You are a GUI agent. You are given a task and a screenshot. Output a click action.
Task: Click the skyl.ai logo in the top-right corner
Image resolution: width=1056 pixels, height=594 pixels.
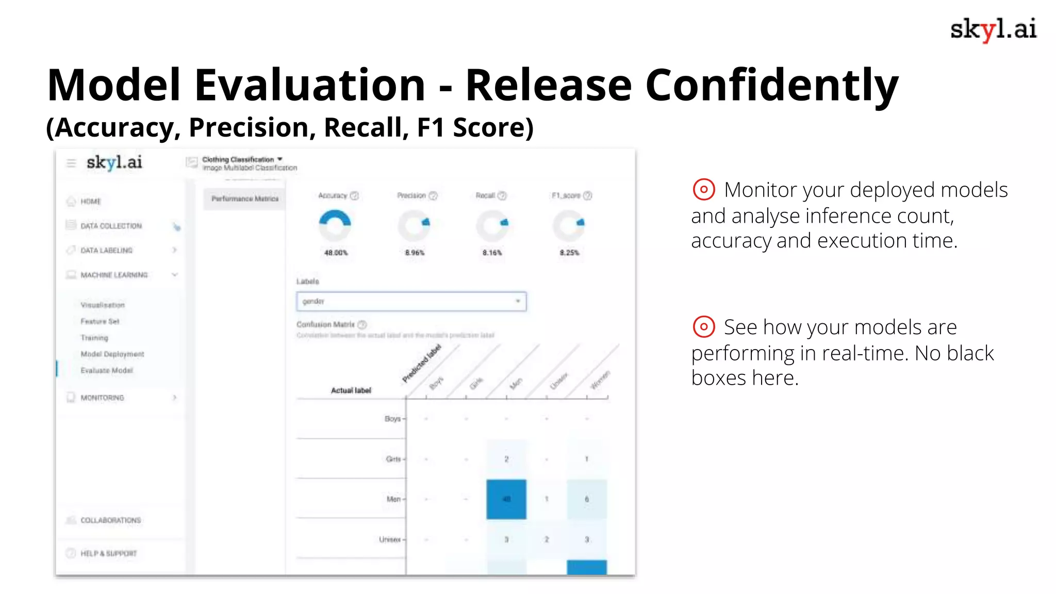[x=993, y=29]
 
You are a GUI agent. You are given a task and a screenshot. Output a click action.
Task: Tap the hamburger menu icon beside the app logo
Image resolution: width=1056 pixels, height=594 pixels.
[x=71, y=163]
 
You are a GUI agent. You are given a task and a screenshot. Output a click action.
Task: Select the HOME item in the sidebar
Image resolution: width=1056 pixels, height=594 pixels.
[x=91, y=202]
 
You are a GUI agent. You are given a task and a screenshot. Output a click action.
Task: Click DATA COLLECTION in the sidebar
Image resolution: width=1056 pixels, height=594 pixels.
[x=111, y=226]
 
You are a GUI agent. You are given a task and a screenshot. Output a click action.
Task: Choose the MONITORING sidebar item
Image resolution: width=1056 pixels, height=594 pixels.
[x=102, y=398]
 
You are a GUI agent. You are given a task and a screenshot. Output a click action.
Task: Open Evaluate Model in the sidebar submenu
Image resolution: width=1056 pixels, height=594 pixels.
[x=107, y=370]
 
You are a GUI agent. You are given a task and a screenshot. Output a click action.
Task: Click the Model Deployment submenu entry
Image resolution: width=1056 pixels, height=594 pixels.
[x=112, y=354]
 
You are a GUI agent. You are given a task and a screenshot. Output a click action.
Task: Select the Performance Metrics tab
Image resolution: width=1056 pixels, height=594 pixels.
[x=244, y=199]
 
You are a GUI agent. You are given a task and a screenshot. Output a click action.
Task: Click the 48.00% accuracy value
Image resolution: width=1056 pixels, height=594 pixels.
[x=336, y=253]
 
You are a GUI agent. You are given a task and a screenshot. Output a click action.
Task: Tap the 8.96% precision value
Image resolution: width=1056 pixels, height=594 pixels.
[x=415, y=253]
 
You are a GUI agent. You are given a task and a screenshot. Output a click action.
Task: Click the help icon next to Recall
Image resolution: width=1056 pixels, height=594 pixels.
[x=502, y=195]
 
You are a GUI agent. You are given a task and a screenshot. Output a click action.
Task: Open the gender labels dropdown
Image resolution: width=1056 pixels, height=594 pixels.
[x=411, y=301]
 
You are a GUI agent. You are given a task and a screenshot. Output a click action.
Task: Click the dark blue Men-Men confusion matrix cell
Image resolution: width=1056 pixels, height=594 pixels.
[x=506, y=499]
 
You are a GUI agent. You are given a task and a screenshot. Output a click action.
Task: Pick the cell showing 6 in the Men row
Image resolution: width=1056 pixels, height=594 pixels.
[x=587, y=499]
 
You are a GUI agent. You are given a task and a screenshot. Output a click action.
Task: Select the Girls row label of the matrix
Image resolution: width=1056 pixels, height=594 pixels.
[x=393, y=459]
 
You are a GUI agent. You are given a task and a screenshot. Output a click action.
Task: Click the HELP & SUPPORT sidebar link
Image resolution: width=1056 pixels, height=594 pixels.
[x=108, y=553]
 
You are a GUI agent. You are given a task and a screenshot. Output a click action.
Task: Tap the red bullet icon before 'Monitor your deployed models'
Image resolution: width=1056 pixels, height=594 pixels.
[x=703, y=189]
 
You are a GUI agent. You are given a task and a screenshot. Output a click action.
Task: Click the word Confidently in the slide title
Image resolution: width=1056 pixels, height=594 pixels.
[x=772, y=86]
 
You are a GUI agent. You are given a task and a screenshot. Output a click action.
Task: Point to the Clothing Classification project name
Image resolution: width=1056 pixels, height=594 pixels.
[x=238, y=159]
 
